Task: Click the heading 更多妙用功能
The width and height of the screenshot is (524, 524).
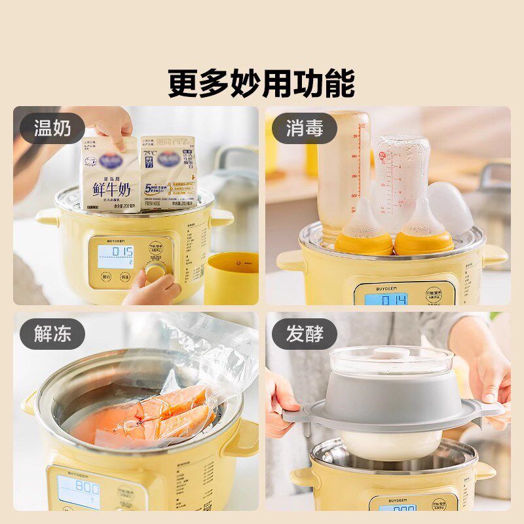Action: pyautogui.click(x=261, y=83)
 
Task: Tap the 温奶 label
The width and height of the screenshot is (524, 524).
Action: pyautogui.click(x=52, y=129)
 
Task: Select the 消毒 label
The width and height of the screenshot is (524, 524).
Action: pyautogui.click(x=305, y=129)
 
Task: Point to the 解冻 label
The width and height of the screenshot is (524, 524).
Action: pyautogui.click(x=52, y=335)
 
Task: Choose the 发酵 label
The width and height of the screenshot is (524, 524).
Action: pyautogui.click(x=305, y=335)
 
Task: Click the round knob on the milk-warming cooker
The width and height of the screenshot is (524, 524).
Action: pyautogui.click(x=155, y=272)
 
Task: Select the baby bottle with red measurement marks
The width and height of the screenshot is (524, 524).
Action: pyautogui.click(x=344, y=170)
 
